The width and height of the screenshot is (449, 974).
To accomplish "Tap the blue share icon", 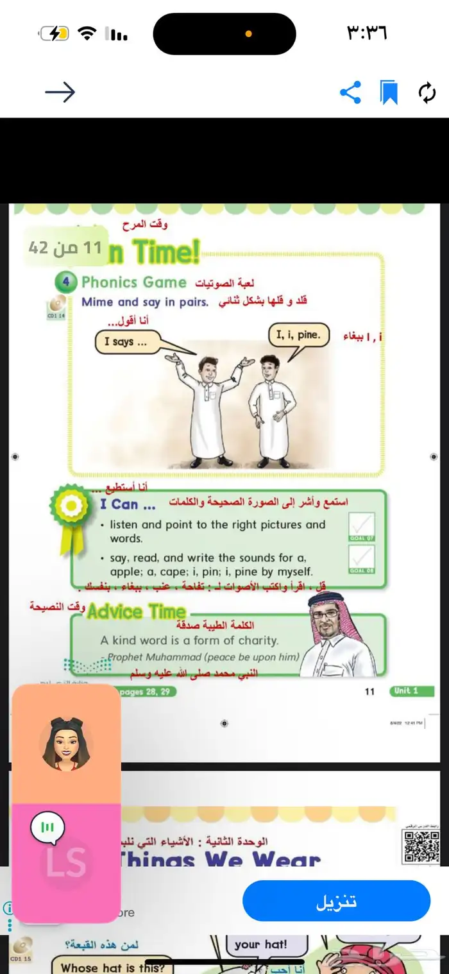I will (x=350, y=92).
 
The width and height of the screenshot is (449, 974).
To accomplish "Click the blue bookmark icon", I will (x=389, y=92).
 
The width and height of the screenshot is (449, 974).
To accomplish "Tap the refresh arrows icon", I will (x=427, y=92).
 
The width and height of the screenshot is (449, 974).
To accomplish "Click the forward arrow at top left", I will (x=60, y=92).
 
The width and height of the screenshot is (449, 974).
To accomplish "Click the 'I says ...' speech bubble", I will (x=126, y=342).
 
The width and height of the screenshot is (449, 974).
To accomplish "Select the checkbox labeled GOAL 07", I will (x=362, y=525).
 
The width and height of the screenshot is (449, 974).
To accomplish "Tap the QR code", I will (x=421, y=846).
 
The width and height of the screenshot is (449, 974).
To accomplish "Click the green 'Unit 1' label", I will (x=406, y=691).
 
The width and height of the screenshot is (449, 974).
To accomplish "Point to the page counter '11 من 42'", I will (x=65, y=247).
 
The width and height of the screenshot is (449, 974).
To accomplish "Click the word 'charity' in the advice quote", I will (x=257, y=640).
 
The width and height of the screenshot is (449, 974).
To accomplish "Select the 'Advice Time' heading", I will (x=137, y=611).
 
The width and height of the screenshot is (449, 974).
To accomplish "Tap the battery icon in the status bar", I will (x=55, y=33).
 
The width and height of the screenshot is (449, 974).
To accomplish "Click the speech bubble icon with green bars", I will (x=47, y=827).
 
